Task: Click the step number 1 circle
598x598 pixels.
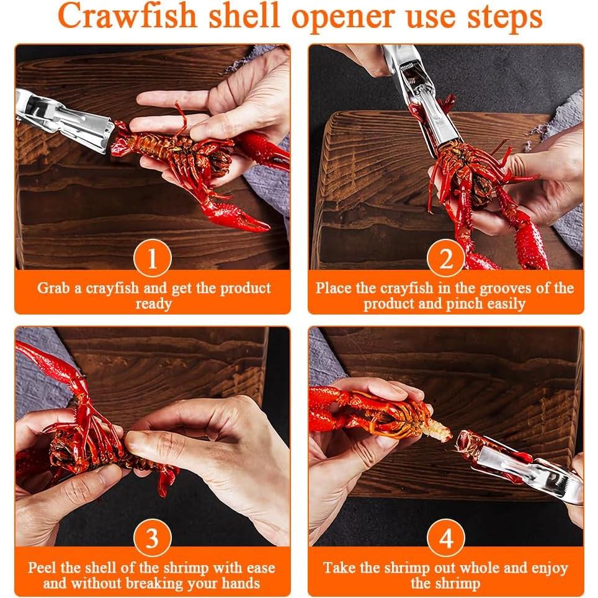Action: pyautogui.click(x=152, y=258)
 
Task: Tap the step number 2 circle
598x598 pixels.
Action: pyautogui.click(x=446, y=258)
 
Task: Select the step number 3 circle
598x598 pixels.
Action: pyautogui.click(x=152, y=538)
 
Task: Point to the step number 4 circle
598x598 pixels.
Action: pyautogui.click(x=446, y=538)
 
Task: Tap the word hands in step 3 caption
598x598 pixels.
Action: pyautogui.click(x=241, y=583)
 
